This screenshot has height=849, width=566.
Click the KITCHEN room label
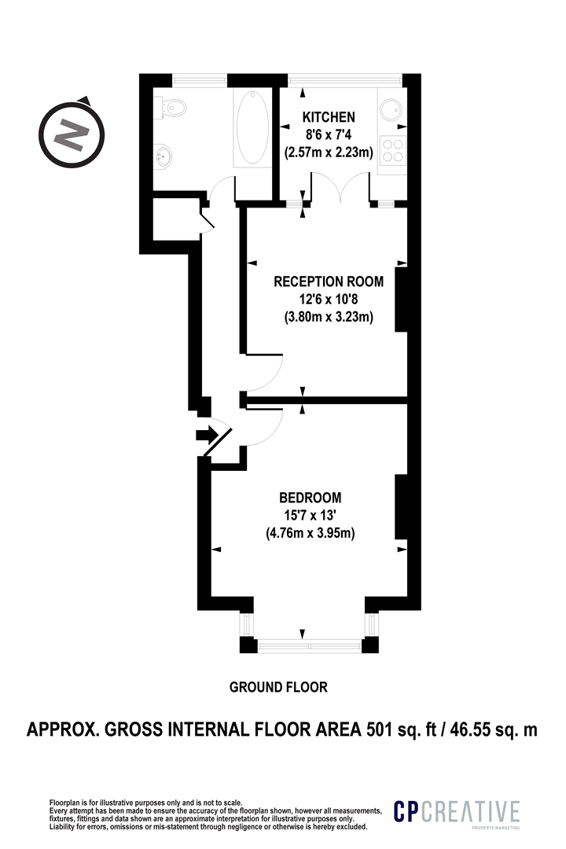pyautogui.click(x=329, y=117)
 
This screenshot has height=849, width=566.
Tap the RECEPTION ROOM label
pyautogui.click(x=329, y=281)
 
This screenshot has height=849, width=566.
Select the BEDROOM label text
pyautogui.click(x=310, y=497)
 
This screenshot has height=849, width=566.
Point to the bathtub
pyautogui.click(x=252, y=128)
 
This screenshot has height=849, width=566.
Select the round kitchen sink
pyautogui.click(x=391, y=111)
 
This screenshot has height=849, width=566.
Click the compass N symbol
pyautogui.click(x=71, y=134)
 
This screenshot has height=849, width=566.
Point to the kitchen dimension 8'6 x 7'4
pyautogui.click(x=329, y=135)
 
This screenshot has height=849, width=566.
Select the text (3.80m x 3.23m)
pyautogui.click(x=329, y=317)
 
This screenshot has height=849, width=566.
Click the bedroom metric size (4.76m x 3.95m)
pyautogui.click(x=310, y=533)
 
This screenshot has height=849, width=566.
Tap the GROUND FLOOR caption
pyautogui.click(x=278, y=687)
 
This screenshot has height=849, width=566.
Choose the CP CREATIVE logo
pyautogui.click(x=457, y=812)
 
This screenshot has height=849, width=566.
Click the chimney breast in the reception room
pyautogui.click(x=402, y=299)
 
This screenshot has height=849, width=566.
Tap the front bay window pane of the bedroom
pyautogui.click(x=310, y=645)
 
